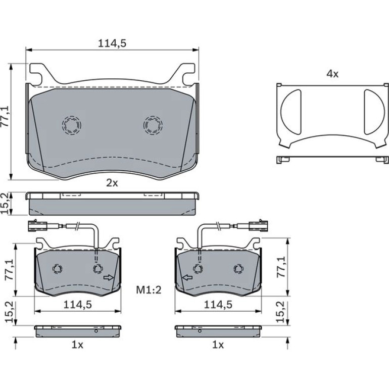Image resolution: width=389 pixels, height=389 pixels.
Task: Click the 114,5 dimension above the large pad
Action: point(112,43)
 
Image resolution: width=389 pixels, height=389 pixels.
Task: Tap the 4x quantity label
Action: point(332,74)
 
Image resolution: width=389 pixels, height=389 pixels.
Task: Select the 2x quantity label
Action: point(112,183)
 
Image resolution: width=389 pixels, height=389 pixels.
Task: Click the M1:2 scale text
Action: point(149,289)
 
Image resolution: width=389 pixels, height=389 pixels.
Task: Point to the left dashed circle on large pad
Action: point(72,125)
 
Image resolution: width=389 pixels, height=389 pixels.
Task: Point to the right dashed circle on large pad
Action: point(153,125)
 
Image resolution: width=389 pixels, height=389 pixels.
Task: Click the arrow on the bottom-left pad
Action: point(108,278)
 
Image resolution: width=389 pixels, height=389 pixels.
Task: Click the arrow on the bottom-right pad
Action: point(187,278)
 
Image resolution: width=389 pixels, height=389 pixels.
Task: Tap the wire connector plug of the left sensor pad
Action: point(37,226)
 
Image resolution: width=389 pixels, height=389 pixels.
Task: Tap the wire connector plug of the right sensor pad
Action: point(259,226)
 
